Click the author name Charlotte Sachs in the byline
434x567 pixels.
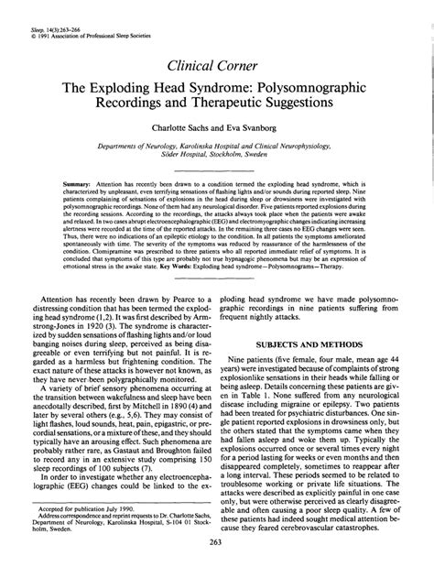(x=180, y=129)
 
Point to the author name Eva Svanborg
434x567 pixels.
(x=256, y=129)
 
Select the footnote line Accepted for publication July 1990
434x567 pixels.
(x=84, y=505)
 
